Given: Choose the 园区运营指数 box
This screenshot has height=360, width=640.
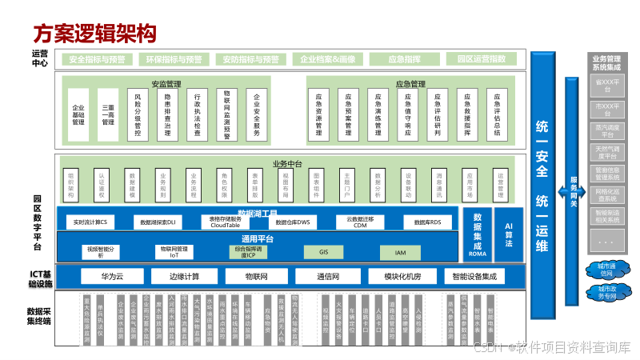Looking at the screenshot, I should click(x=481, y=59).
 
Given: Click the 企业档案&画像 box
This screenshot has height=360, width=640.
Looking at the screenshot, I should click(x=326, y=59).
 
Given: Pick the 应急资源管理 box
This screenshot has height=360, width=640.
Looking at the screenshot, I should click(x=318, y=114).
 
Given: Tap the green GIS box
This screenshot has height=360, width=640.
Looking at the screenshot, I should click(x=324, y=252).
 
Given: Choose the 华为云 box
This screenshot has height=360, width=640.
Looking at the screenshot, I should click(x=111, y=277).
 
